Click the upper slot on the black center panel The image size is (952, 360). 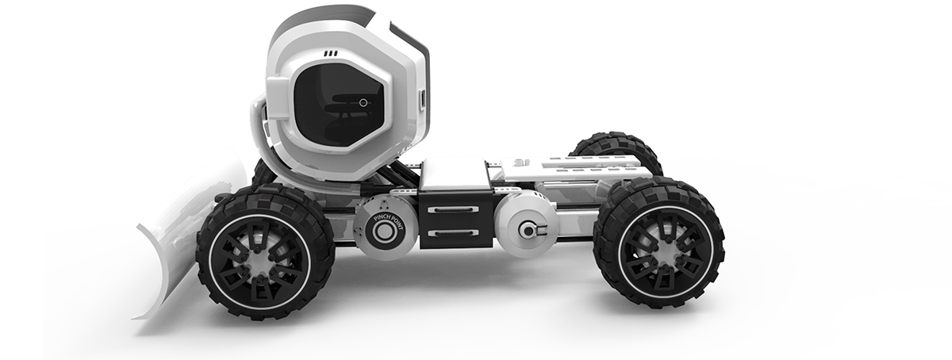[x=452, y=209]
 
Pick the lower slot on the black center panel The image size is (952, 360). [x=452, y=233]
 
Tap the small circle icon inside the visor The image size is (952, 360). [x=363, y=102]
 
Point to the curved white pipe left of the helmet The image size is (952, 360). [x=255, y=131]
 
